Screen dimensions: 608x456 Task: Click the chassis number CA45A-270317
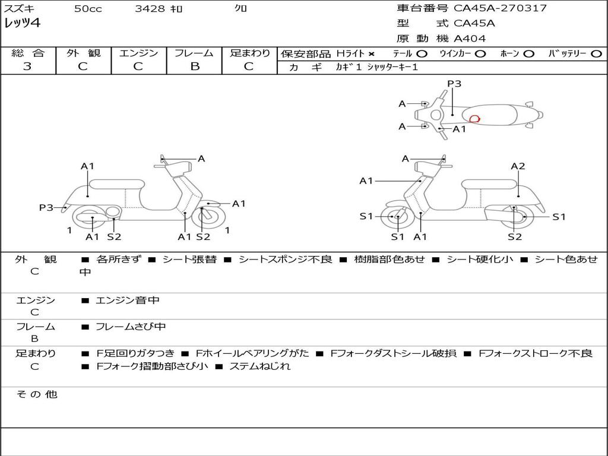[500, 8]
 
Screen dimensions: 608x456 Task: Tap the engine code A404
[470, 39]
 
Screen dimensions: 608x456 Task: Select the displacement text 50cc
[88, 9]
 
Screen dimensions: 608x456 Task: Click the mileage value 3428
[151, 9]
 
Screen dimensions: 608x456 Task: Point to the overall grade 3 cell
[27, 66]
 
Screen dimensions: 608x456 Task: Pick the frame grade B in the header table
[194, 66]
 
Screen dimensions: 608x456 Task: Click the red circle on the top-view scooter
[474, 119]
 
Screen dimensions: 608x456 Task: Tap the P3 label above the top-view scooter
[454, 84]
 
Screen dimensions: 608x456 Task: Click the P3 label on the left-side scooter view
[46, 207]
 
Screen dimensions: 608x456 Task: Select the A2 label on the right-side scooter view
[518, 166]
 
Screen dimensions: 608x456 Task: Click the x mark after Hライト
[372, 53]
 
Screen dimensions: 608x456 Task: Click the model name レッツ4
[22, 24]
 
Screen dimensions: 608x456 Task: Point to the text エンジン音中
[128, 300]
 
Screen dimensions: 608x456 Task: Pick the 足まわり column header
[250, 53]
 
